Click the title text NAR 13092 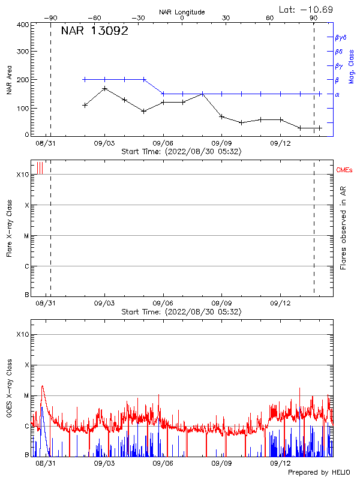tap(95, 32)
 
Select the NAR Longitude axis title tap(182, 12)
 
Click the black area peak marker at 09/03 tap(105, 89)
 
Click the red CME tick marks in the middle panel tap(40, 168)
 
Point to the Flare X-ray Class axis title tap(8, 228)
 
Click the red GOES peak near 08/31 tap(42, 386)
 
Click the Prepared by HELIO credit tap(318, 473)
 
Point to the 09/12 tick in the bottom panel tap(280, 463)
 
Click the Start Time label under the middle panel tap(181, 312)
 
